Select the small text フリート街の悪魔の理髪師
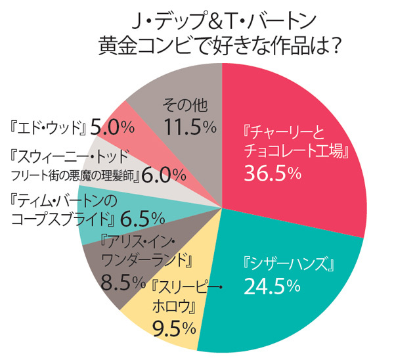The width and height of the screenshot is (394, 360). click(x=74, y=177)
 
